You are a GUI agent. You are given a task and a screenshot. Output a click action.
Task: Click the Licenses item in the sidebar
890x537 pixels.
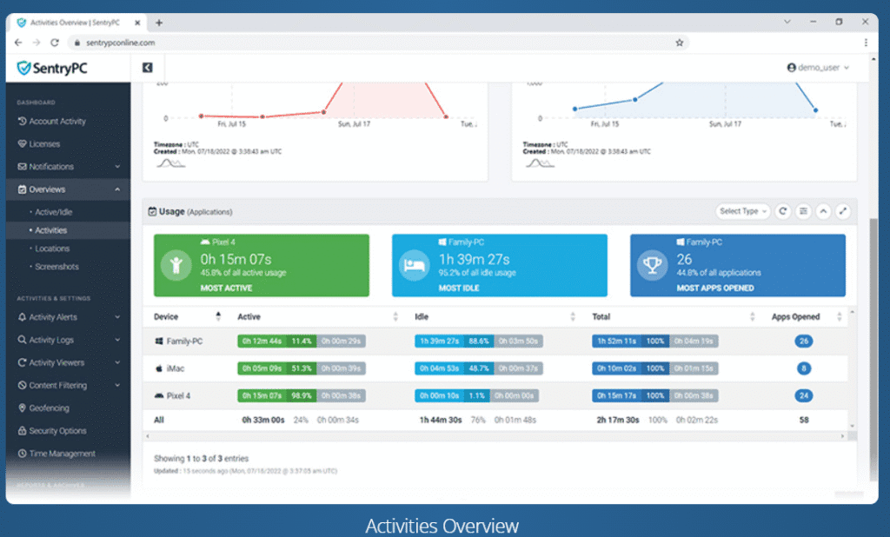point(44,144)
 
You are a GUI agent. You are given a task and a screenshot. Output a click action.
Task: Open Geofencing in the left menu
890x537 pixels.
point(49,408)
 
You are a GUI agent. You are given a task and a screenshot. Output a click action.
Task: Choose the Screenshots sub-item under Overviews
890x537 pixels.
point(56,267)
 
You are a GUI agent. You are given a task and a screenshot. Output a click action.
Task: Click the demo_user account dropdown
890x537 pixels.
point(818,67)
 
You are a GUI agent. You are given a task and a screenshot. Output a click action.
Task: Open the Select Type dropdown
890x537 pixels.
point(742,211)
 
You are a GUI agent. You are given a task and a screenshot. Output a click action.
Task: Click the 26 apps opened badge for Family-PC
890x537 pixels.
point(804,341)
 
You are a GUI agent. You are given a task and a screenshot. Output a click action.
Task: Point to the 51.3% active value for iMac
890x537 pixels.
point(302,368)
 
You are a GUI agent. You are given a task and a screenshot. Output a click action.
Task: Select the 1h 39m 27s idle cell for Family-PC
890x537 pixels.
point(440,341)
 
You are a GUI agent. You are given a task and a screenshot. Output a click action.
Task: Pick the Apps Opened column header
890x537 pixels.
point(795,317)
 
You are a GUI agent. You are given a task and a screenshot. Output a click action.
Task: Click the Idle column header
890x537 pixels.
point(422,317)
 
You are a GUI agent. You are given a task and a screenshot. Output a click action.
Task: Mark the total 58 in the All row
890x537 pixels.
point(804,420)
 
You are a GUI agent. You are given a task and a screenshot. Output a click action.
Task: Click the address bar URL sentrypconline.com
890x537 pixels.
point(122,42)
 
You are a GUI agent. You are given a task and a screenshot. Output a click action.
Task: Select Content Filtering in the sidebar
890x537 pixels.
point(57,386)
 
